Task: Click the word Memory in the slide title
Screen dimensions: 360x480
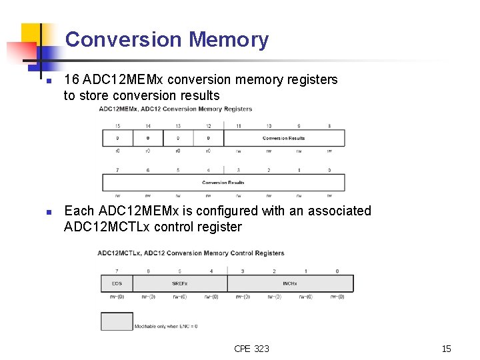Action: [x=229, y=40]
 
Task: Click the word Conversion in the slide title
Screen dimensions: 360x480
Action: [x=124, y=40]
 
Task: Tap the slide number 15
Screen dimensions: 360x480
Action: [x=446, y=349]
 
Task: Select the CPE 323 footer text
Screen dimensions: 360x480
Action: [x=251, y=349]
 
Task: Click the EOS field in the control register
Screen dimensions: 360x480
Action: [x=117, y=284]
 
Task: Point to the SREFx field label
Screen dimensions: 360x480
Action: [x=180, y=284]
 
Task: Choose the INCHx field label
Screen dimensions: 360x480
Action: [x=290, y=284]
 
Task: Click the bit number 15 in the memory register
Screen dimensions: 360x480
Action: [x=117, y=126]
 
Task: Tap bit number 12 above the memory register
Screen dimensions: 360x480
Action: [x=208, y=126]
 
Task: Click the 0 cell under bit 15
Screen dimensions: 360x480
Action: [x=117, y=139]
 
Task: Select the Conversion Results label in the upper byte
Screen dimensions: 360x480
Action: [x=283, y=139]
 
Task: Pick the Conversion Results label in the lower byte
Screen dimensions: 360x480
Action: [x=223, y=183]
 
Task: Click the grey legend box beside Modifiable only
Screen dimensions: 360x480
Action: [x=117, y=321]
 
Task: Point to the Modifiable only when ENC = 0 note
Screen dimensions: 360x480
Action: [x=166, y=326]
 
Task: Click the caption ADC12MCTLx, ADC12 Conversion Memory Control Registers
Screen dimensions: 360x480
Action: [x=191, y=253]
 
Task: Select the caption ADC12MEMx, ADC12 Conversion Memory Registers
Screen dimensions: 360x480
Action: [x=175, y=109]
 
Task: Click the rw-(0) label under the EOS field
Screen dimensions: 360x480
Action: [x=117, y=297]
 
